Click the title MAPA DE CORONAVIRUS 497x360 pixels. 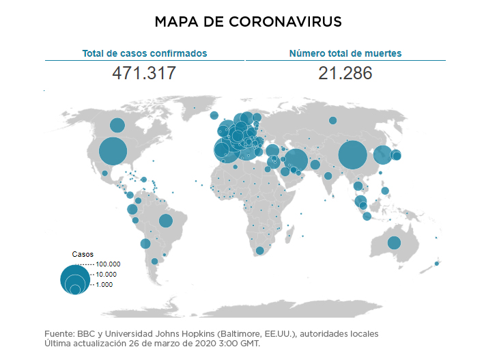[248, 22]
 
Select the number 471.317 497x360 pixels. [144, 73]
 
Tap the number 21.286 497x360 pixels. [345, 73]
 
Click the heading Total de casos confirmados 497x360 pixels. [144, 53]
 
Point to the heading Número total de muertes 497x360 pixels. [345, 53]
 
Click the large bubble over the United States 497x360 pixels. [113, 152]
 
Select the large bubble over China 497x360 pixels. [353, 155]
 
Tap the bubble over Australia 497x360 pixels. [394, 243]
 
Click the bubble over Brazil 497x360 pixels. [165, 220]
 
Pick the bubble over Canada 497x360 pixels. [117, 126]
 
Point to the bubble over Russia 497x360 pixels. [332, 121]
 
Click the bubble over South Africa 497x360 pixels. [259, 251]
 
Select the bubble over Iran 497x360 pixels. [296, 161]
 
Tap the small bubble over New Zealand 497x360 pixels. [437, 264]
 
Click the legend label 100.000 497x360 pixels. [109, 264]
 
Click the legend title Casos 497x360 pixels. [83, 254]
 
